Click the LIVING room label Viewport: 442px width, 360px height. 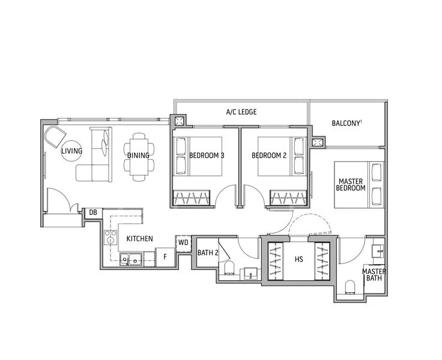click(x=72, y=151)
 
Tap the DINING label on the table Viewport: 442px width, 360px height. click(x=138, y=155)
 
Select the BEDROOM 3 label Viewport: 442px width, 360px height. click(x=207, y=155)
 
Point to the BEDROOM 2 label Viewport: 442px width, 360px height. click(x=269, y=155)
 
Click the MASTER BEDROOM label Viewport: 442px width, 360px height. click(x=351, y=185)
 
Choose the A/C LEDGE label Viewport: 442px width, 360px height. click(x=241, y=112)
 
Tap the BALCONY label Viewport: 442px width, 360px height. click(x=347, y=123)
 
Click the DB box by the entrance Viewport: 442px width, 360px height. click(x=93, y=212)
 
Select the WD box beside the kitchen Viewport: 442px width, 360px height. click(x=183, y=242)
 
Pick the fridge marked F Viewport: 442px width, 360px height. click(x=165, y=257)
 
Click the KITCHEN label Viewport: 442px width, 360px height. click(x=139, y=239)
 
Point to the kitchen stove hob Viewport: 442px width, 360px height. click(x=110, y=237)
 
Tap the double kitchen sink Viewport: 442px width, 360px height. click(x=130, y=259)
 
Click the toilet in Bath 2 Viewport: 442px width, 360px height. click(x=229, y=268)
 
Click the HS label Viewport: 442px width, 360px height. click(x=299, y=259)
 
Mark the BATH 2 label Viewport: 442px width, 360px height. click(x=208, y=253)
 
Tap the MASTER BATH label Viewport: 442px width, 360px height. click(x=374, y=275)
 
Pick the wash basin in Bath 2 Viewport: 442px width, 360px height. click(x=250, y=274)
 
